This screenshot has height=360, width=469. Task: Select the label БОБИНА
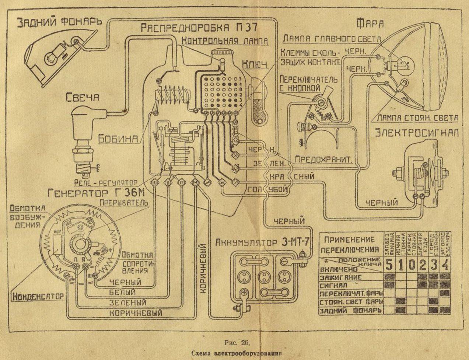coord(118,139)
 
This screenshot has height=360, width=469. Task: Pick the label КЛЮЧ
coord(254,64)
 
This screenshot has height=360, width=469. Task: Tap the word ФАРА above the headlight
coord(370,24)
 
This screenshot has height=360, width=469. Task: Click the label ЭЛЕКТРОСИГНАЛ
coord(417,133)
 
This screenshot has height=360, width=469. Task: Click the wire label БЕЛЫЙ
coord(123,292)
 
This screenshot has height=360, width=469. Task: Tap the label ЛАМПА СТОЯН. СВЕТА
coord(417,118)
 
